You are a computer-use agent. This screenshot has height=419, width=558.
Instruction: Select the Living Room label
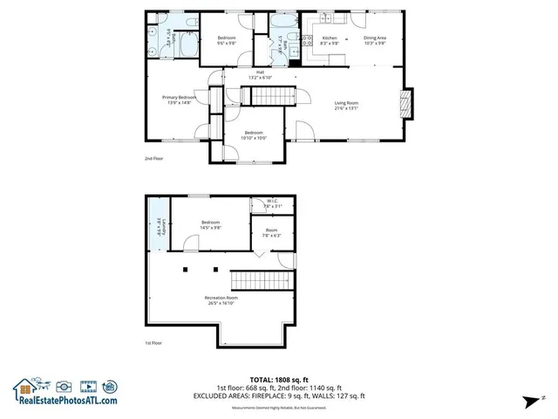(x=346, y=106)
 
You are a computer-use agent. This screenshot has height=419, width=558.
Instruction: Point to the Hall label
(x=260, y=74)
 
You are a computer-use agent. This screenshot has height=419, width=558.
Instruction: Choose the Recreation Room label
(x=209, y=300)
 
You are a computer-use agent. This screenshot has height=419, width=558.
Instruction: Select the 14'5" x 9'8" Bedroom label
(x=211, y=224)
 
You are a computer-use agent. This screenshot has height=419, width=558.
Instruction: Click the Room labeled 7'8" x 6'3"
(x=272, y=233)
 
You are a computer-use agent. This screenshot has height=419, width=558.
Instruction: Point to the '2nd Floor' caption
(x=153, y=159)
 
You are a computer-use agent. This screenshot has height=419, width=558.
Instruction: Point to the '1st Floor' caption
(x=153, y=343)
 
